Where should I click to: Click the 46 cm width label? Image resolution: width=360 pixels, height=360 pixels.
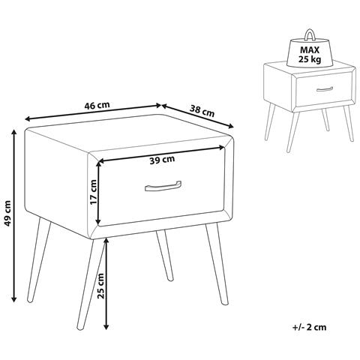pos(97,105)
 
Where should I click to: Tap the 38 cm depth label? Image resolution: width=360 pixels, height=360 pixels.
pos(202,111)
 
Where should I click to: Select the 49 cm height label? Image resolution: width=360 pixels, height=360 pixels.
pos(8,213)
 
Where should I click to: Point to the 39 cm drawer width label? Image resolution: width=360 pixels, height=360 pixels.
pos(162,160)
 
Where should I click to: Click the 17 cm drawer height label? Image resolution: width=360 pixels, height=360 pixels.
pos(93,192)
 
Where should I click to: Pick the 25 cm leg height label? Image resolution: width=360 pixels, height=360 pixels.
pos(100,286)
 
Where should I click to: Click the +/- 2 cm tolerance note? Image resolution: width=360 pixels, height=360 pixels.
pos(309,327)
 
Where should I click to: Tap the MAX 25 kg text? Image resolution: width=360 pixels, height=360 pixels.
pos(310,55)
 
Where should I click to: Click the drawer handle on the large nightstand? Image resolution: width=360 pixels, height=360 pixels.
pos(163,186)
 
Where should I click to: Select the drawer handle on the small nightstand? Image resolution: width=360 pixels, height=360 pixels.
pos(325,89)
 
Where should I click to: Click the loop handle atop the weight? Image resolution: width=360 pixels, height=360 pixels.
pos(309,35)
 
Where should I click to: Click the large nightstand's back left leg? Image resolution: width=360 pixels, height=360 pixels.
pos(39,260)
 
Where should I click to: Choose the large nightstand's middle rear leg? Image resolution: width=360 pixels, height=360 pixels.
pos(165,255)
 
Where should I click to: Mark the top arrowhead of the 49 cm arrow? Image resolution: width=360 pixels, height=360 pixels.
pos(14,132)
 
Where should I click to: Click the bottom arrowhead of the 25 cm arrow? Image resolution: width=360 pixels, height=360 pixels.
pos(106,326)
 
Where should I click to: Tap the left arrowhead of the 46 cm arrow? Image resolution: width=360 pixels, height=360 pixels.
pos(27,119)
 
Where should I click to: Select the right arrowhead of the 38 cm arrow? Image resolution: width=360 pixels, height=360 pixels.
pos(231,127)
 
